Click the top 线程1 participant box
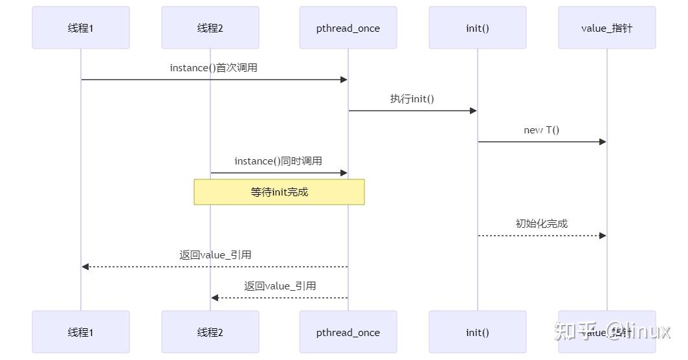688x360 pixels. (81, 28)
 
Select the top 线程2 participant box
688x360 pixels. (210, 28)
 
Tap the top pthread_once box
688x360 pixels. (348, 28)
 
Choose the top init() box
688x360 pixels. (478, 28)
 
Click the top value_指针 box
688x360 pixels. (606, 28)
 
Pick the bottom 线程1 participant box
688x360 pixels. (81, 332)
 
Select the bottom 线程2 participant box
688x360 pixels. (210, 332)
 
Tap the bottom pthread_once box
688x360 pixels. (348, 332)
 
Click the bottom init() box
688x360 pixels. (478, 332)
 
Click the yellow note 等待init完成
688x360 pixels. (279, 192)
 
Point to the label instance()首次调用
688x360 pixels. (214, 68)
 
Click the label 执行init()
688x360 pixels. (412, 99)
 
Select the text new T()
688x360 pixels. (542, 130)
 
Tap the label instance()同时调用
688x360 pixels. (278, 161)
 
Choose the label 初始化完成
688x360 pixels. (542, 223)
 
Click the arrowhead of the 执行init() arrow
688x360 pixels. (473, 111)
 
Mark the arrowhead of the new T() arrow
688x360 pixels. (603, 142)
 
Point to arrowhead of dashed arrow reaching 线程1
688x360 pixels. (85, 267)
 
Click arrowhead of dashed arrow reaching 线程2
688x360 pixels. (215, 298)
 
